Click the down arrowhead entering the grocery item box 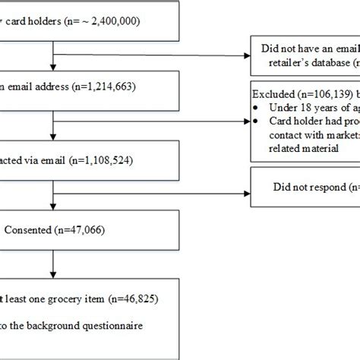click(x=52, y=279)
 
